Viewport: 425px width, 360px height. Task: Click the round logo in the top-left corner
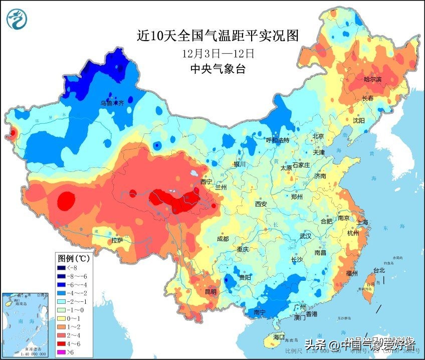pyautogui.click(x=18, y=19)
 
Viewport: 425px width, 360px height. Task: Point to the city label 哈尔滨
pyautogui.click(x=372, y=79)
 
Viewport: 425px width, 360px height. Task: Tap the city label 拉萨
pyautogui.click(x=117, y=240)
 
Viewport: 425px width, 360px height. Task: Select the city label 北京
pyautogui.click(x=319, y=136)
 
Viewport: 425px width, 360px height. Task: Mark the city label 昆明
pyautogui.click(x=211, y=291)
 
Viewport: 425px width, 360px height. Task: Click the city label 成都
pyautogui.click(x=223, y=239)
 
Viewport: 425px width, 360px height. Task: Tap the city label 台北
pyautogui.click(x=379, y=270)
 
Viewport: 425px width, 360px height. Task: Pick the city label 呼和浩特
pyautogui.click(x=277, y=140)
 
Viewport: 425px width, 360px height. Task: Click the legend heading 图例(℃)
pyautogui.click(x=73, y=259)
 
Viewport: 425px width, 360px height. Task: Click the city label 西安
pyautogui.click(x=261, y=204)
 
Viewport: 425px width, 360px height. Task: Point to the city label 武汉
pyautogui.click(x=305, y=236)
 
